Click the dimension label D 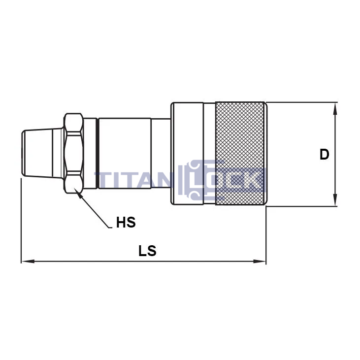(324, 154)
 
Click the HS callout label (126, 222)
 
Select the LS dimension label (147, 251)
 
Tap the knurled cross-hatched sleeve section (240, 153)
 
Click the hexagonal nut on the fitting (73, 153)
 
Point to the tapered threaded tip (42, 153)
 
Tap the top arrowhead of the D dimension (335, 108)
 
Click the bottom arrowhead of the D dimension (335, 200)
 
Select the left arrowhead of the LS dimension (28, 262)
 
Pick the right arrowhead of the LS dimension (260, 262)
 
